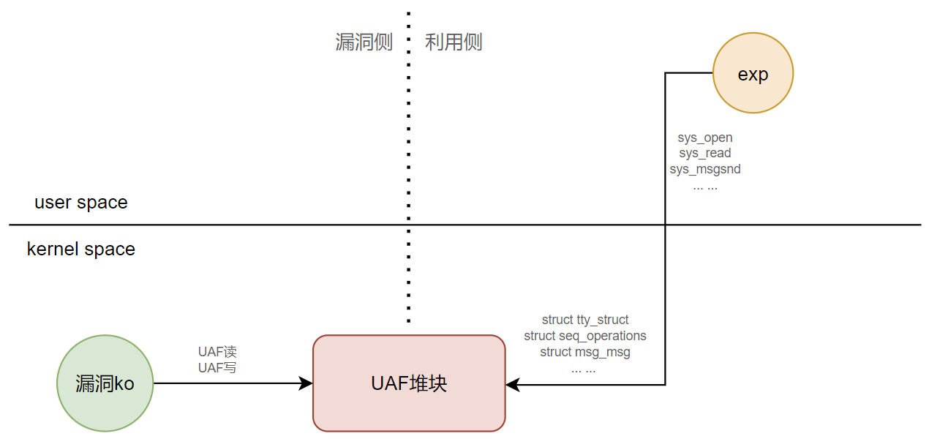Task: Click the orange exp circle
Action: pos(753,73)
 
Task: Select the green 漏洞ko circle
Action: pos(105,383)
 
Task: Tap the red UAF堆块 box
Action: pos(409,383)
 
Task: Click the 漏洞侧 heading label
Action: pos(364,42)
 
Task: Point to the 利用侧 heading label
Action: pos(454,42)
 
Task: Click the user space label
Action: pos(81,203)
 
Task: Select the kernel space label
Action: pos(81,249)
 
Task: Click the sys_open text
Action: pos(705,138)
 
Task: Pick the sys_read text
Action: pos(705,154)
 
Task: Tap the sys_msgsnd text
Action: pos(705,170)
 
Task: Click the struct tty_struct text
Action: pos(585,320)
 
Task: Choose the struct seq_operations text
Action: pos(585,336)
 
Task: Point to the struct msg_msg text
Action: pos(585,352)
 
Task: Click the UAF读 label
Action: pos(217,352)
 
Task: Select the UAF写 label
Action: pos(217,368)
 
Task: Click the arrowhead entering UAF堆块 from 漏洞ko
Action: pos(307,383)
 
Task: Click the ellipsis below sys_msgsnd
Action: pos(705,186)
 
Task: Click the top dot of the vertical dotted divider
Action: pos(408,13)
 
